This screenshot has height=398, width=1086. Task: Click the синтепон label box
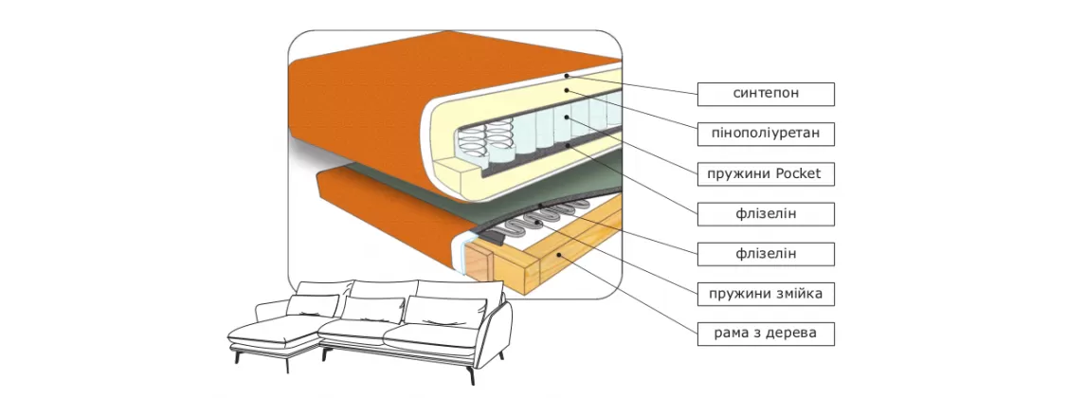(766, 94)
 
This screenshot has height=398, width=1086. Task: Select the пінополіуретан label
(766, 134)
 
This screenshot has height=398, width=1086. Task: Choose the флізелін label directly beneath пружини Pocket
(766, 214)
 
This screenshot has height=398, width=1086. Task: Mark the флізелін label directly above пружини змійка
(766, 254)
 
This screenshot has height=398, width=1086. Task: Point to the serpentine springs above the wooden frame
(540, 224)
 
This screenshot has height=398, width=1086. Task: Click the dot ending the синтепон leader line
(566, 75)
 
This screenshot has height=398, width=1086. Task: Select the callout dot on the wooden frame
(560, 254)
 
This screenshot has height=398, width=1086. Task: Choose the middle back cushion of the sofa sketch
(372, 309)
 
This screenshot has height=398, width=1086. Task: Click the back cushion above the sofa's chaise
(312, 305)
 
